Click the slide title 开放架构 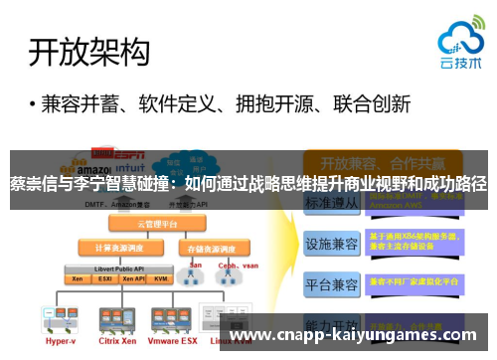tap(89, 51)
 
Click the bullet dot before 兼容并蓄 tap(34, 104)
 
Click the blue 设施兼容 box tap(331, 243)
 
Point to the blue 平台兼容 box tap(331, 285)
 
